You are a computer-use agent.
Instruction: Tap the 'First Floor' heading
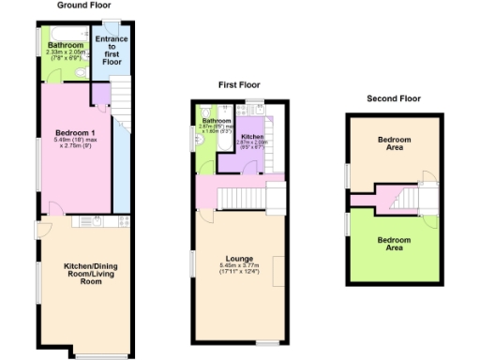[x=238, y=84]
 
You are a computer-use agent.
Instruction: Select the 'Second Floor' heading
[x=394, y=97]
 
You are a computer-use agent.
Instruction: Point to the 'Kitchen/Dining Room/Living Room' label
[x=82, y=274]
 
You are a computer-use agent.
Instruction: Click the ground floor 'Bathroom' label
[x=66, y=44]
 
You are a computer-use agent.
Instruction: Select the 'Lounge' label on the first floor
[x=240, y=258]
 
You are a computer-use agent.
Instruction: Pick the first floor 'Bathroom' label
[x=217, y=121]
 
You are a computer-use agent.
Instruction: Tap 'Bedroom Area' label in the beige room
[x=394, y=142]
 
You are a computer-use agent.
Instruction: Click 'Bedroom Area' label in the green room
[x=394, y=243]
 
